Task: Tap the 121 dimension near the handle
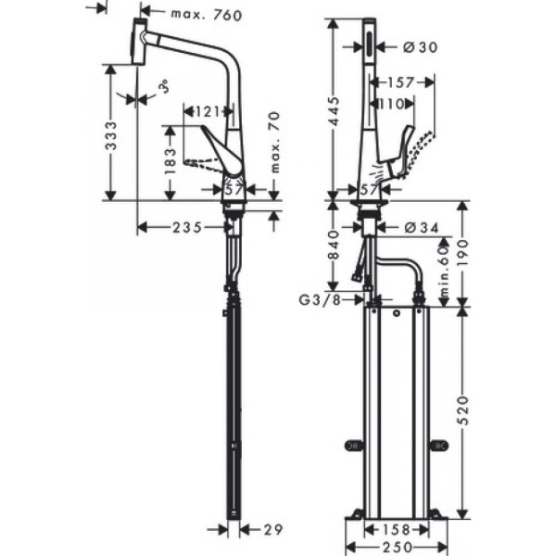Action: (209, 112)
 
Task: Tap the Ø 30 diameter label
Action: (420, 45)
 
